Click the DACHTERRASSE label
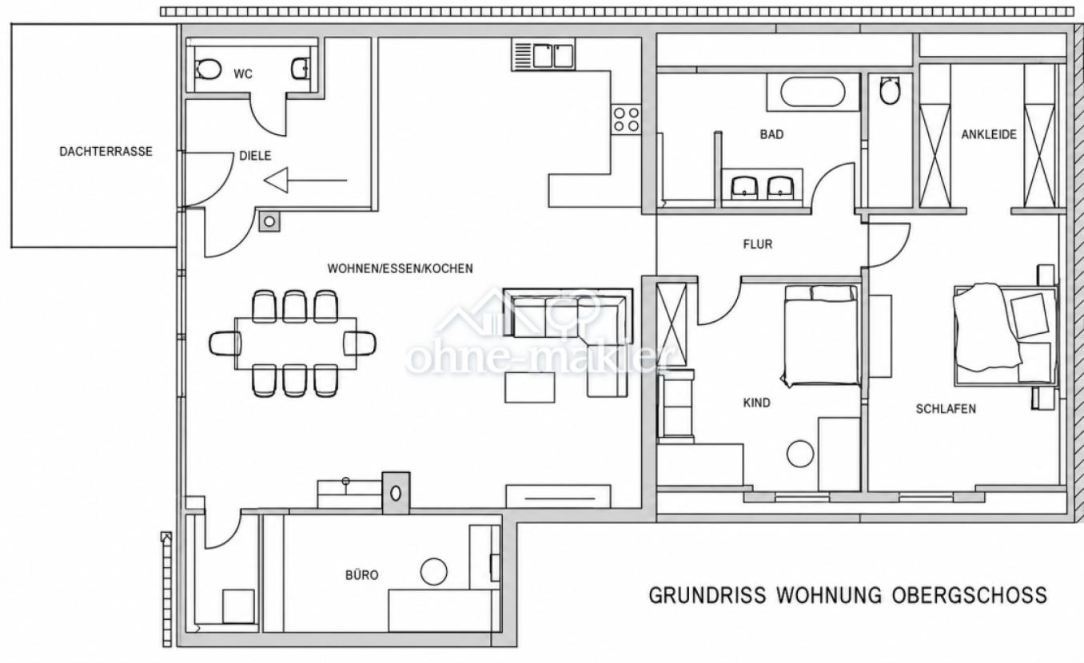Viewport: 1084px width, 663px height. point(106,151)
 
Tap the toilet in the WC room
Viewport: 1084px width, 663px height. point(207,69)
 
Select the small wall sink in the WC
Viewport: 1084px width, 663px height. point(300,69)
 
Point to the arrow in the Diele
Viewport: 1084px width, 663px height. point(305,181)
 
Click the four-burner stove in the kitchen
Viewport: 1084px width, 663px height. point(626,120)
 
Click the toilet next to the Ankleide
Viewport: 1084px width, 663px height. point(890,90)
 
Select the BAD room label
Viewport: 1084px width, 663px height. point(771,134)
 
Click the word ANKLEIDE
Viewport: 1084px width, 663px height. point(989,134)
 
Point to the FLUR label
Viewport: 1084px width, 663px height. point(757,244)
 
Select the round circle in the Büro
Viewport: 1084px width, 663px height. point(433,572)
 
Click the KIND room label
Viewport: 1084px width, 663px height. point(756,403)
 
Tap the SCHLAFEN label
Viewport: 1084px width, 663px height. point(946,409)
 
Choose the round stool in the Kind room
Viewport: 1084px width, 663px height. point(800,454)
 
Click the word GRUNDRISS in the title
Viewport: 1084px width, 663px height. point(707,595)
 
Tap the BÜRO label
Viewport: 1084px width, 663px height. point(361,575)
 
